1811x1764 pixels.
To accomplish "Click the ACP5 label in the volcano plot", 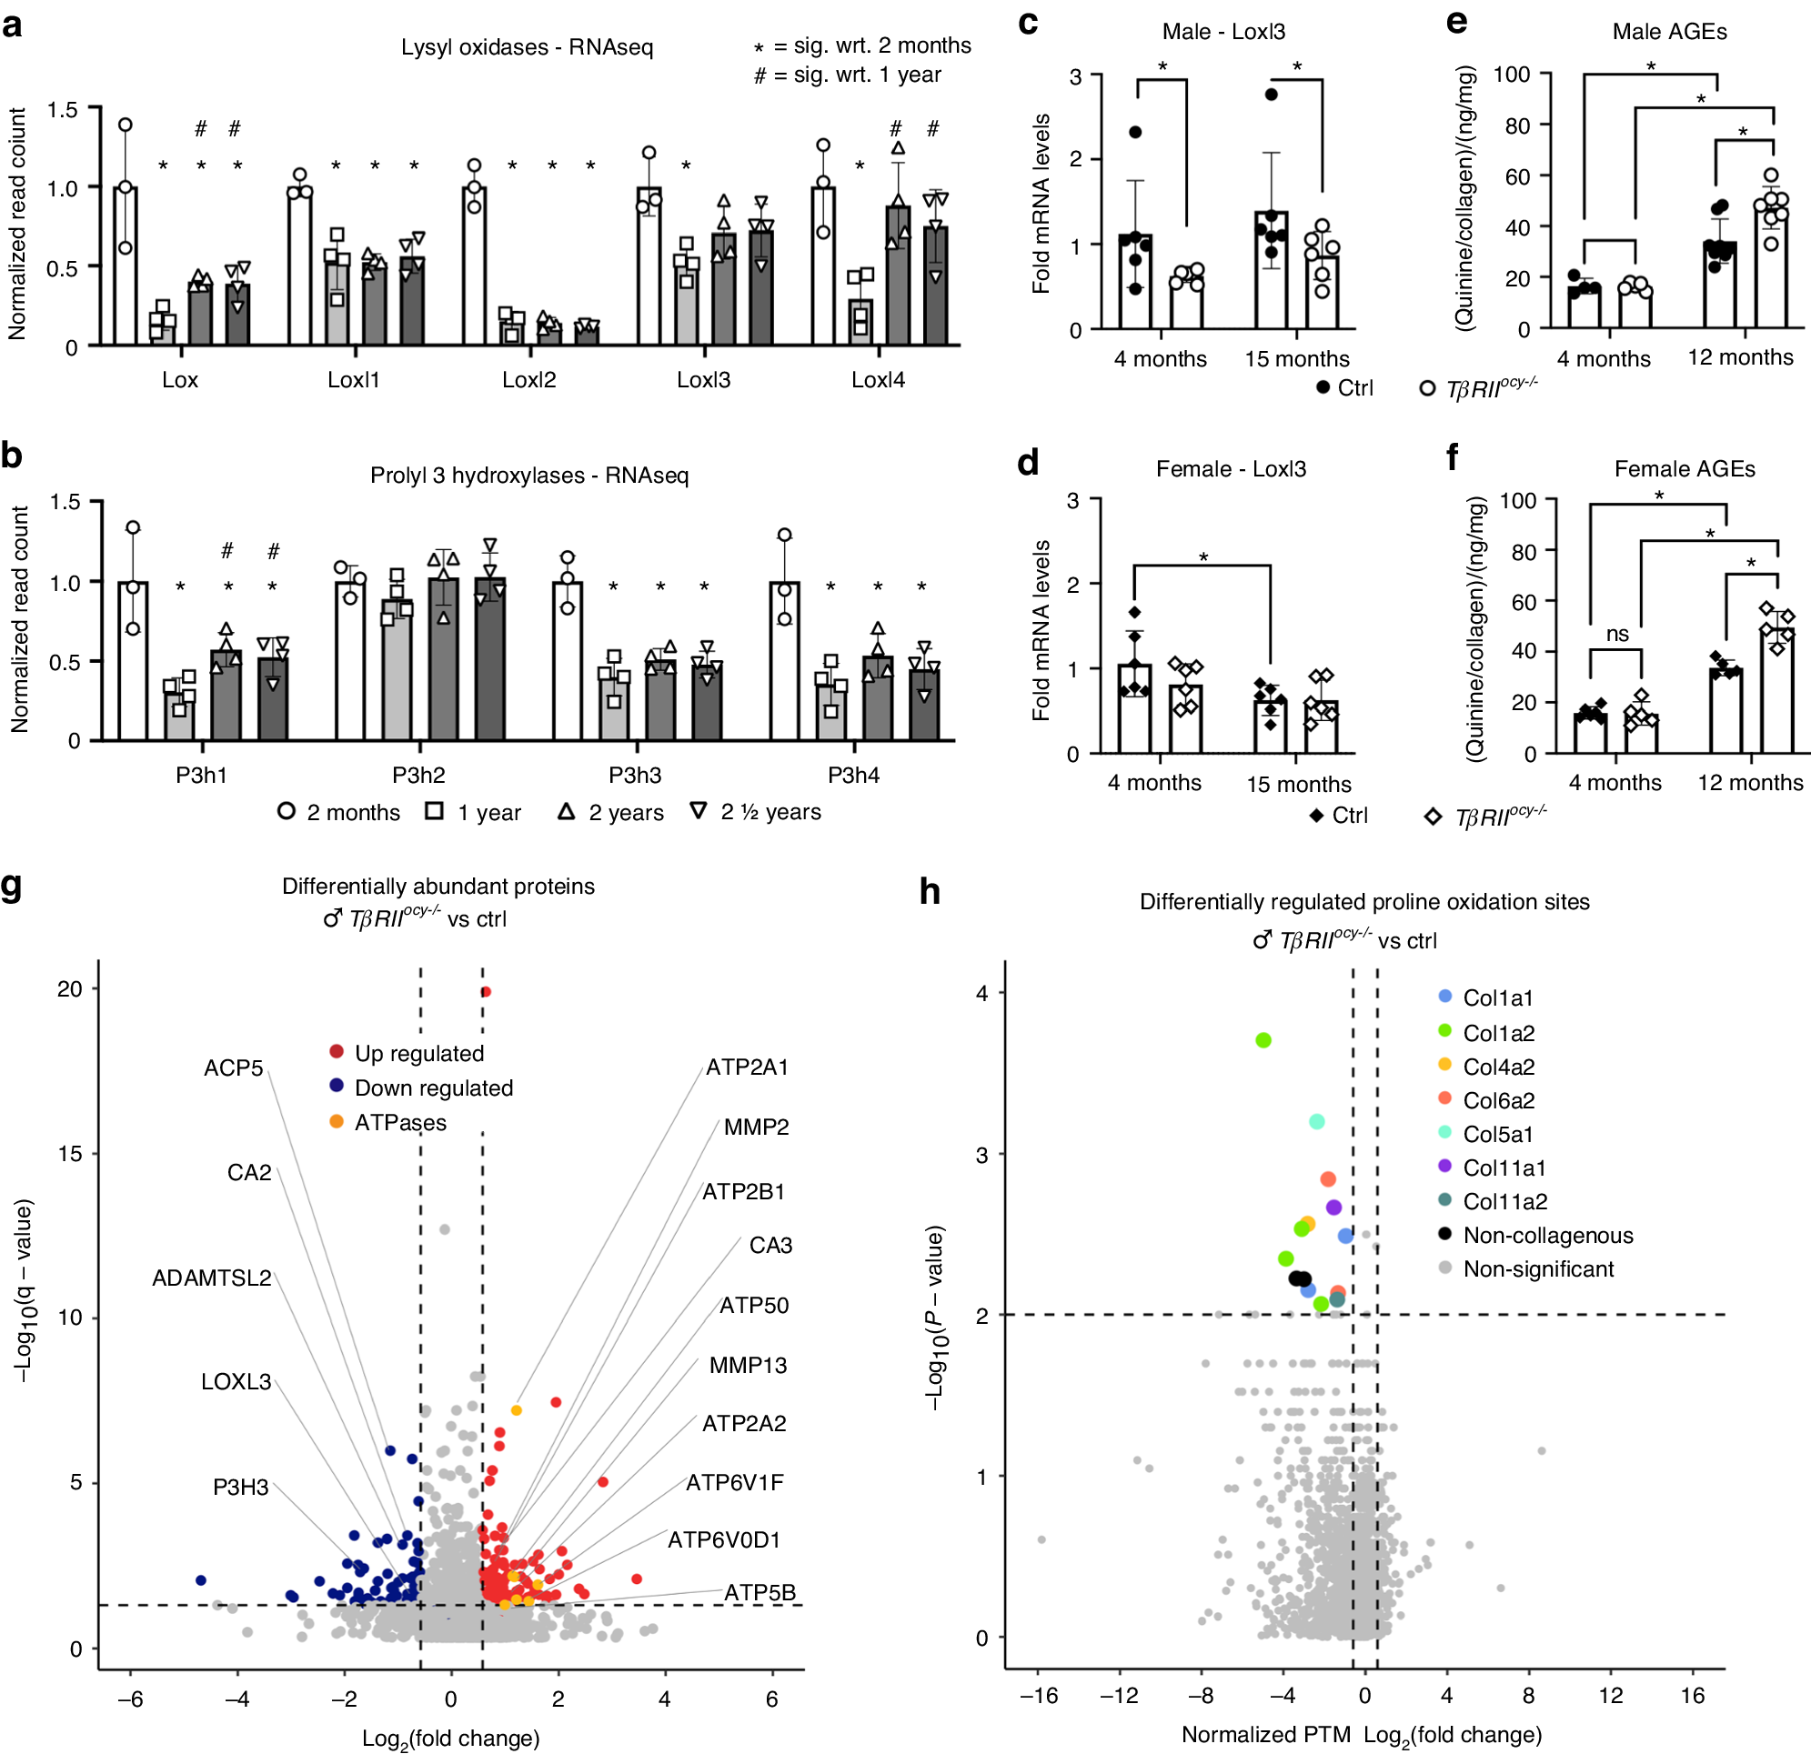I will click(234, 1068).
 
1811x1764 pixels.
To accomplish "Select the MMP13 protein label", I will click(747, 1365).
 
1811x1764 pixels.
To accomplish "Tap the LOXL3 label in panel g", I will click(236, 1381).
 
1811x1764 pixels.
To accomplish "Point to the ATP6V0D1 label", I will click(724, 1539).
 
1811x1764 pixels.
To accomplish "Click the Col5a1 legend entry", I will click(1497, 1134).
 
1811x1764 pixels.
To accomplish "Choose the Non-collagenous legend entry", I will click(1547, 1235).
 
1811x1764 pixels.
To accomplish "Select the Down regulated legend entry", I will click(433, 1087).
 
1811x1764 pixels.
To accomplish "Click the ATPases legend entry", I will click(399, 1122).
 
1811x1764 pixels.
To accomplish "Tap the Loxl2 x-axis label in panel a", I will click(528, 380).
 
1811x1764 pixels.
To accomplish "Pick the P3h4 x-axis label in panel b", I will click(852, 775).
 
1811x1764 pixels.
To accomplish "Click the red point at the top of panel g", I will click(486, 991).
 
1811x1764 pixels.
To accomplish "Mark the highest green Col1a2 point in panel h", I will click(1263, 1040).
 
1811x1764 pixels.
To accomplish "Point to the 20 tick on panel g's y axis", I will click(69, 988).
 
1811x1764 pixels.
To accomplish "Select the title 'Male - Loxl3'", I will click(1223, 32).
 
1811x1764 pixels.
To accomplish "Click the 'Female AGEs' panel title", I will click(1684, 469).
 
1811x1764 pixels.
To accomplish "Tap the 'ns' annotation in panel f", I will click(1616, 634).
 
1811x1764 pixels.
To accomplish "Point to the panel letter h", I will click(929, 891).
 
